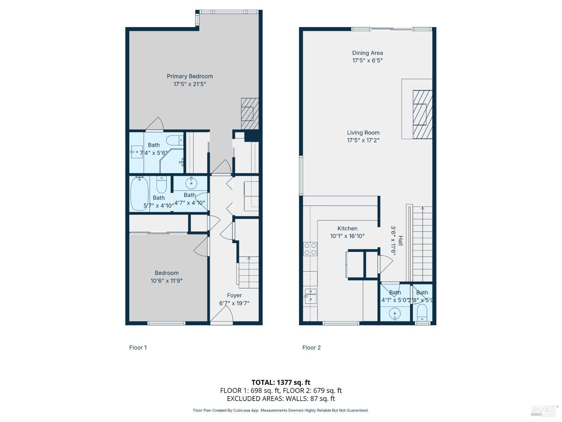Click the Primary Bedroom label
click(x=190, y=76)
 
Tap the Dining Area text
click(x=367, y=53)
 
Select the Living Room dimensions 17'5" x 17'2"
click(x=363, y=140)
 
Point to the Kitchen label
click(x=347, y=228)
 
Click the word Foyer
click(x=234, y=295)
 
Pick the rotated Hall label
click(x=401, y=241)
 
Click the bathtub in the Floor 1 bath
click(x=139, y=193)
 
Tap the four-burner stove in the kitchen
click(x=310, y=249)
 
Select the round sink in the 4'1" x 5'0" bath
click(x=395, y=313)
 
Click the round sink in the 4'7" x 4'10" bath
click(x=191, y=183)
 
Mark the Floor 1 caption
click(x=138, y=347)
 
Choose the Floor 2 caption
click(x=311, y=347)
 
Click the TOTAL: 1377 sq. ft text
click(x=281, y=382)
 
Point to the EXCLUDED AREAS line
click(x=281, y=399)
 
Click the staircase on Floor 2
click(x=422, y=244)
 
